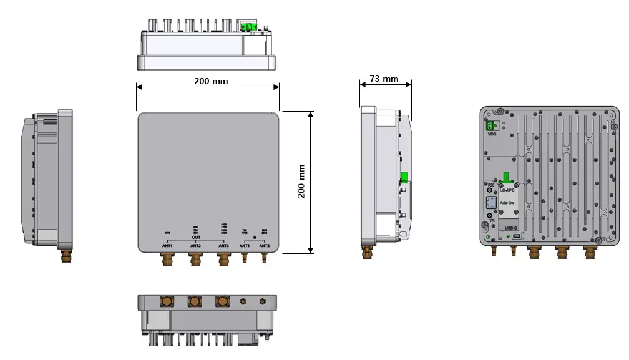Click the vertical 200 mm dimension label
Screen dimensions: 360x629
pos(301,182)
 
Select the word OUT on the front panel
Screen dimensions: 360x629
pos(196,238)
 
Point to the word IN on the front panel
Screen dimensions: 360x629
pos(254,238)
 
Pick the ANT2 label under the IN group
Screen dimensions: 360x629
pos(265,246)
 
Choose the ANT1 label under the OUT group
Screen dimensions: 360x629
pos(167,246)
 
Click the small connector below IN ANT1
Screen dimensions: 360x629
pos(244,256)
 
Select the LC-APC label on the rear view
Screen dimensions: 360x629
pos(507,190)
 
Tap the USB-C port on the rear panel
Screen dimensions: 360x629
pos(515,236)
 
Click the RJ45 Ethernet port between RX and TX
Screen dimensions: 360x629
pos(491,203)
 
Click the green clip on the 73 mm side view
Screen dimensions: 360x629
pos(404,178)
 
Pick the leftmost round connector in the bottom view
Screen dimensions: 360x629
pos(168,303)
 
